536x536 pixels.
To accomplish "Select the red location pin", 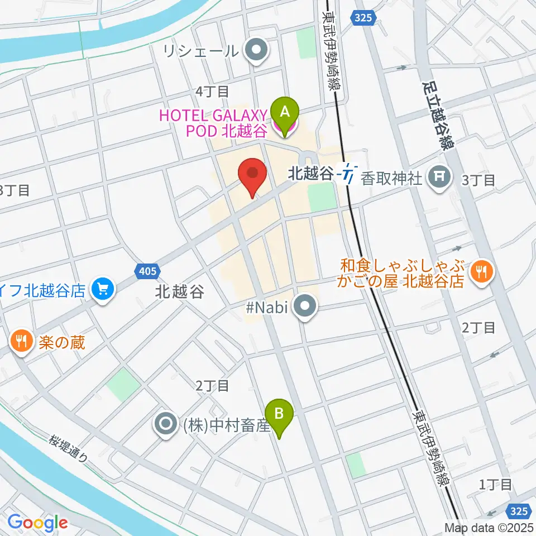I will click(252, 175).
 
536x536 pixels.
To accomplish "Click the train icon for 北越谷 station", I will click(350, 174).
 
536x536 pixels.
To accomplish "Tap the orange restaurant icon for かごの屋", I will click(480, 271).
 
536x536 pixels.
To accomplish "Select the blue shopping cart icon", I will click(103, 289).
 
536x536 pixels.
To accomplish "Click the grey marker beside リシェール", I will click(257, 51).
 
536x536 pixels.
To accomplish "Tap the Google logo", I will click(37, 523).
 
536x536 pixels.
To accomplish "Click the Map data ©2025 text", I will click(489, 528).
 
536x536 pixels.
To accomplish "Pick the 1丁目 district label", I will click(495, 484).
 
